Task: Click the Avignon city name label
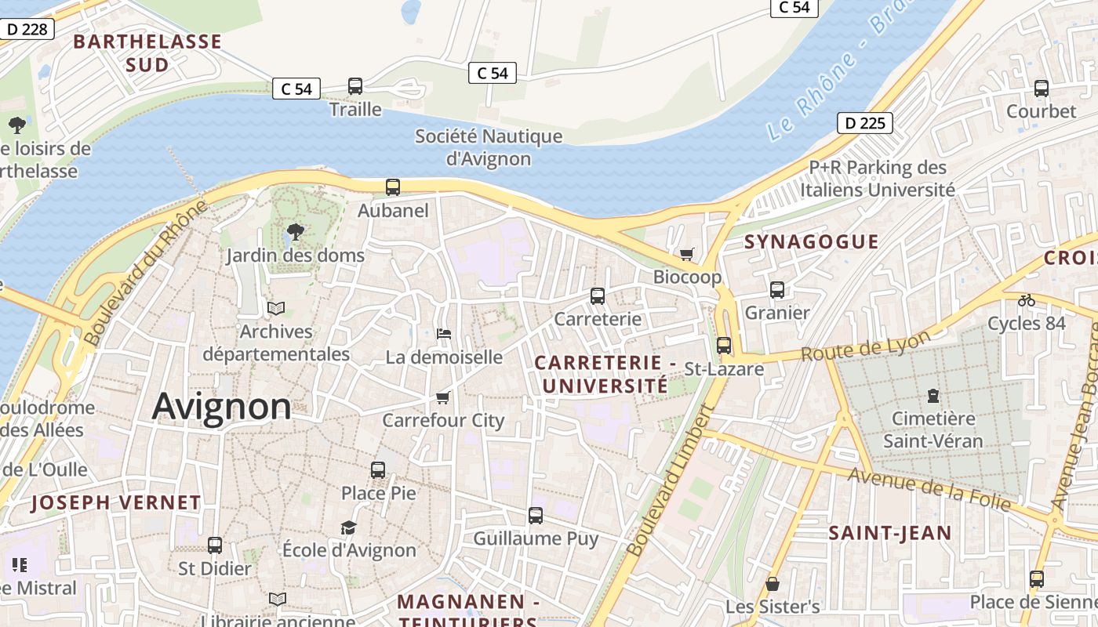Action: [221, 407]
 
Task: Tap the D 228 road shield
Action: [27, 30]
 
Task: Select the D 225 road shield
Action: [865, 123]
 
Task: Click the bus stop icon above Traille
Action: [355, 86]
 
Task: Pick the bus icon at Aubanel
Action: [393, 187]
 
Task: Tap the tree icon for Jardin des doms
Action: [296, 232]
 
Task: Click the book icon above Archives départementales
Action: [276, 308]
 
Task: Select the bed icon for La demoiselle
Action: [444, 333]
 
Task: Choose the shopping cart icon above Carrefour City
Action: [443, 398]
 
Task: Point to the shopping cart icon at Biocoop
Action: [687, 254]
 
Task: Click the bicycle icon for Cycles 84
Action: [1026, 300]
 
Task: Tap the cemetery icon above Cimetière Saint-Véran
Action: [933, 396]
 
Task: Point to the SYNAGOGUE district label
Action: [812, 241]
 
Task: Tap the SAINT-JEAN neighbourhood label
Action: [890, 534]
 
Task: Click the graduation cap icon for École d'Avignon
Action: [349, 527]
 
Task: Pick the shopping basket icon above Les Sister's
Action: [773, 584]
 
